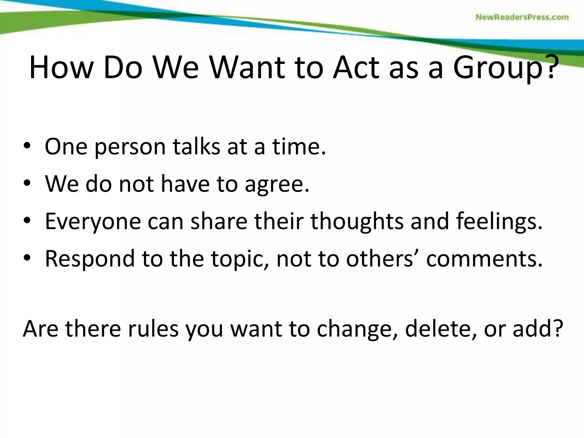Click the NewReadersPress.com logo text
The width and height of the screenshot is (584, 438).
(522, 17)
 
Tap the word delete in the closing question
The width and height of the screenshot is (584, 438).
(440, 328)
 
